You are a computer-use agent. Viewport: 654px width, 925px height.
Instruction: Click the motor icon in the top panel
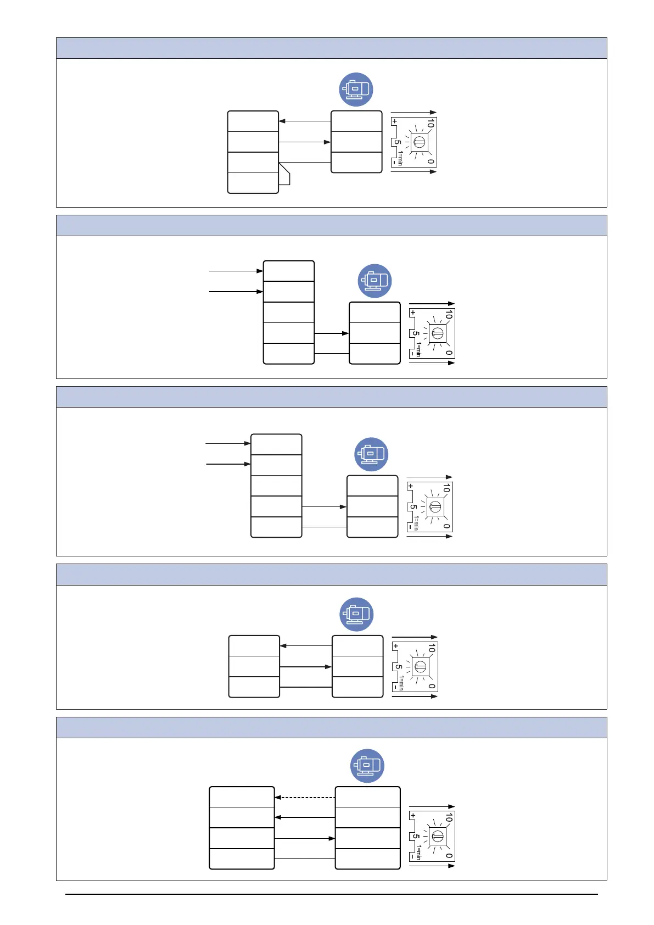356,90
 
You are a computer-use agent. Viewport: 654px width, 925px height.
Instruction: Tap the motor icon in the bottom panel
367,766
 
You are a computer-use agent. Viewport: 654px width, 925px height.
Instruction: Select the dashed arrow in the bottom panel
305,797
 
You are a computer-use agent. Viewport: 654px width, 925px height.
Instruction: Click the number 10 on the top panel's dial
431,124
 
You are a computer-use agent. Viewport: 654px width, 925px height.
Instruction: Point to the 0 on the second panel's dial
449,353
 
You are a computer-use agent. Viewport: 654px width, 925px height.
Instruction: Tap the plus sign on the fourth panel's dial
395,646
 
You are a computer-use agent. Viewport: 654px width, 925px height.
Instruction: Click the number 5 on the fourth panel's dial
399,667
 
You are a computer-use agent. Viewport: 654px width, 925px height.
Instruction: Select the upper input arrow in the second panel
236,271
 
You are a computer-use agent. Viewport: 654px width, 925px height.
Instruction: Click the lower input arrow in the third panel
228,464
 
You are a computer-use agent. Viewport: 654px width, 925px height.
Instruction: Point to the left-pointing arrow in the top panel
305,121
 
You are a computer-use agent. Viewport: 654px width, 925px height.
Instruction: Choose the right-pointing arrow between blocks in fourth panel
306,667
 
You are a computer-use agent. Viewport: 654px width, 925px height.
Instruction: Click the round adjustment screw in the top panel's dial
419,142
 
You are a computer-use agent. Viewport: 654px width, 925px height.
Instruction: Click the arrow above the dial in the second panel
432,303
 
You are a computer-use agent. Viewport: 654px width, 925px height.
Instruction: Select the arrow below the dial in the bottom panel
432,866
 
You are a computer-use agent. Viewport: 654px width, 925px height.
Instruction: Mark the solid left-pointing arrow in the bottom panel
305,817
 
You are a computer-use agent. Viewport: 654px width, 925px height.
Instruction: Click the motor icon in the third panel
371,454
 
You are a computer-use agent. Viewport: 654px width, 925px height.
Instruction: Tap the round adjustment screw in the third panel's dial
435,506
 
